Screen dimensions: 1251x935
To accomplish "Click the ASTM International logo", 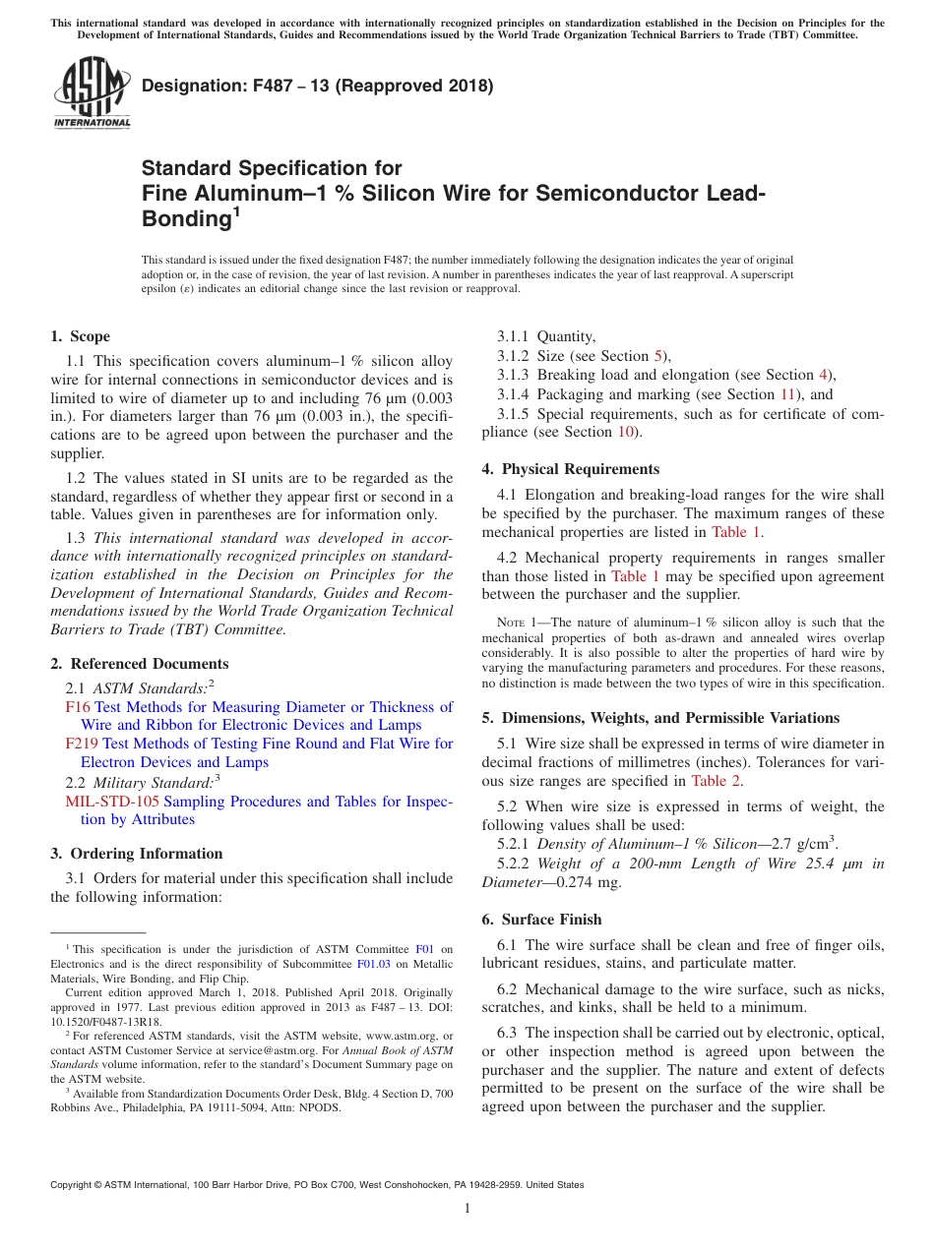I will (92, 93).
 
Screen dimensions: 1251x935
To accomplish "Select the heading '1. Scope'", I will (81, 336).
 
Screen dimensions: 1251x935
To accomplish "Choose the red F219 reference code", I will (82, 744).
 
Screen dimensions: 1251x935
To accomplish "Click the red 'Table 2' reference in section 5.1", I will (717, 781).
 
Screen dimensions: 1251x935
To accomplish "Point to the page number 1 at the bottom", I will (467, 1209).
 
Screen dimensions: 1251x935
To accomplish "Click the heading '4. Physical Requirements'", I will (570, 469).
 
